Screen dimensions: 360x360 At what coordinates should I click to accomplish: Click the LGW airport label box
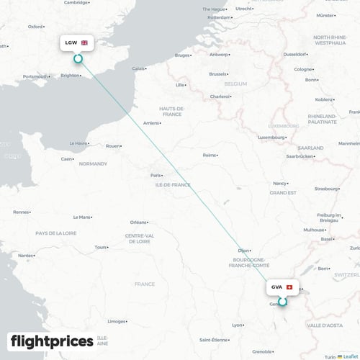pos(76,43)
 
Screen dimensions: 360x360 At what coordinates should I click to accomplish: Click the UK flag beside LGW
pos(84,43)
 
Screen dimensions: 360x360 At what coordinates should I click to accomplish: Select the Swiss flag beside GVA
pos(289,287)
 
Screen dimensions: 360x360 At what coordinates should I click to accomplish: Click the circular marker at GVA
pos(282,302)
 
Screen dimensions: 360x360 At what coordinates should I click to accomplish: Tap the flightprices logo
pos(52,341)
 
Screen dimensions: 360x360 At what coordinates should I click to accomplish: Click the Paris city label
pos(156,175)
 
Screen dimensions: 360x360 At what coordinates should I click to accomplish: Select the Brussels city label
pos(217,73)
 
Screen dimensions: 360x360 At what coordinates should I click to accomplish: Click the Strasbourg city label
pos(325,189)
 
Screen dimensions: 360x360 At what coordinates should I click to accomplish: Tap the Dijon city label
pos(244,250)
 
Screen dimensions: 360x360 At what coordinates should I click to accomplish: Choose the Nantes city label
pos(27,255)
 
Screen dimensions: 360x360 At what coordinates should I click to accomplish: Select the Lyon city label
pos(238,325)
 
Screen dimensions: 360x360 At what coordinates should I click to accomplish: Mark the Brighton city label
pos(70,75)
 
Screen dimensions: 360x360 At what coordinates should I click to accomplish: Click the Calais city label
pos(139,68)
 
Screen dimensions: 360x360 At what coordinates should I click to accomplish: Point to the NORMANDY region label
pos(93,163)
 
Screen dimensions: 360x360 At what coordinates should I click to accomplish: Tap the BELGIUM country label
pos(235,84)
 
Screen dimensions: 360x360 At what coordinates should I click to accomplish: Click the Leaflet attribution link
pos(351,356)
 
